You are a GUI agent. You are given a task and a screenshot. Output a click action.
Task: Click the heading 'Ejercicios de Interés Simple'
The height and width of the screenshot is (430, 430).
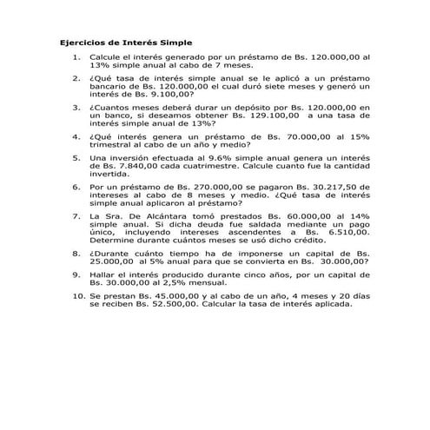tap(125, 42)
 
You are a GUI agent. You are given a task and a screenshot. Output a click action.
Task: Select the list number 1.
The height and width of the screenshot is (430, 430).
tap(76, 56)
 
